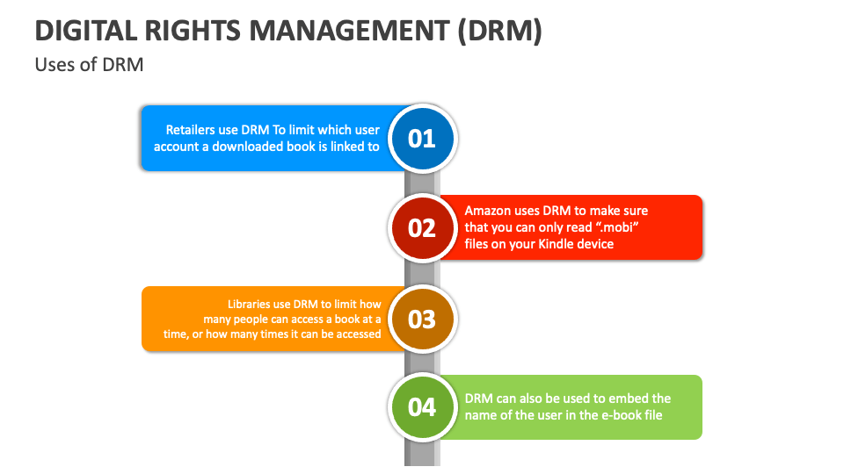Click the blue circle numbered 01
click(422, 138)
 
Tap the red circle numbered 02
click(422, 227)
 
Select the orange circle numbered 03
click(422, 318)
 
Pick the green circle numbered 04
click(422, 406)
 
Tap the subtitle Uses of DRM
click(89, 65)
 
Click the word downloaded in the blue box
click(249, 147)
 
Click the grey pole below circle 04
click(422, 452)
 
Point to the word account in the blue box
click(177, 147)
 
